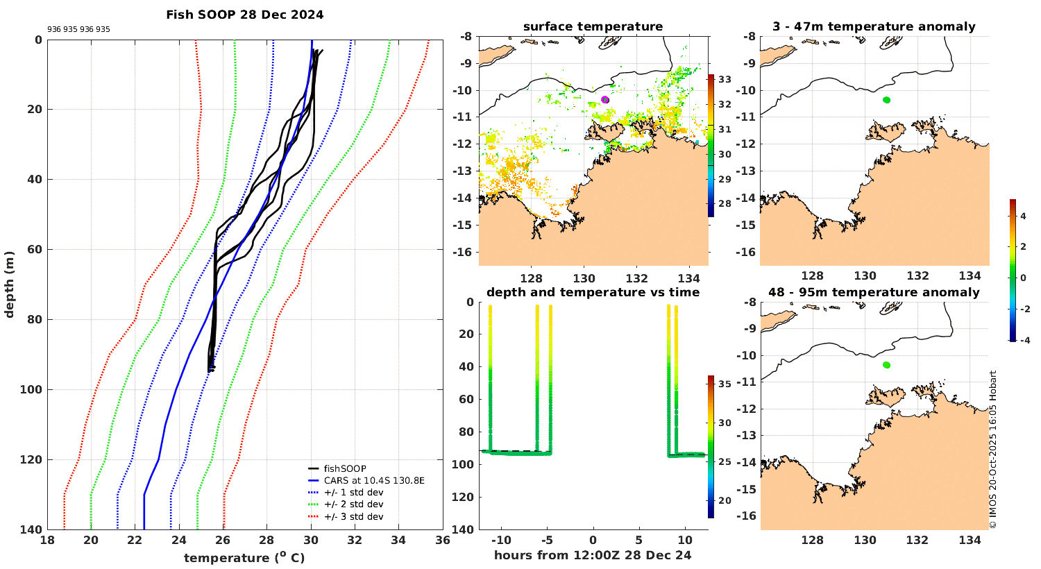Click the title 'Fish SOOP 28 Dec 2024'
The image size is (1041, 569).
(x=244, y=15)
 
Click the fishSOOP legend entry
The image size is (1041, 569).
(x=345, y=469)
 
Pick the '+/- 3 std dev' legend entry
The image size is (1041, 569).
(x=353, y=516)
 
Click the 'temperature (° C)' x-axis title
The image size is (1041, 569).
(x=244, y=558)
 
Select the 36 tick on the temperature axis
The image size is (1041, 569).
(x=443, y=541)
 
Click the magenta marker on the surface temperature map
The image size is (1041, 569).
(x=605, y=100)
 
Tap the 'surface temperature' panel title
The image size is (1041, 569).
(x=593, y=27)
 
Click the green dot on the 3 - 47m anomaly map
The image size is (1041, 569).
(x=886, y=100)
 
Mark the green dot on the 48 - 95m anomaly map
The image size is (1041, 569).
(x=886, y=365)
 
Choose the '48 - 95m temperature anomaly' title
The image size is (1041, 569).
(x=874, y=292)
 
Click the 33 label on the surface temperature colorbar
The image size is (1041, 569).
(x=725, y=80)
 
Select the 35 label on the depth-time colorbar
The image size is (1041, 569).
(x=725, y=384)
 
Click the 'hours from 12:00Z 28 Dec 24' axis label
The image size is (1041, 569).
(x=593, y=555)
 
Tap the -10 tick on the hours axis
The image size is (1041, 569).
(x=501, y=541)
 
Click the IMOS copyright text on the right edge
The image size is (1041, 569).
(x=993, y=450)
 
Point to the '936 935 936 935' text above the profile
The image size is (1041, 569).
(x=78, y=30)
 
